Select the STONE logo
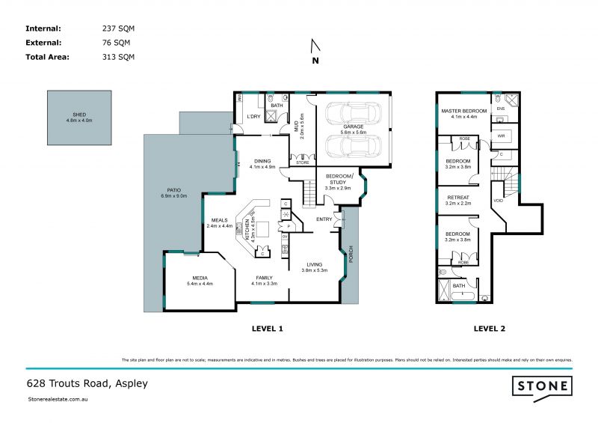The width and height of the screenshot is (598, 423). coord(542,386)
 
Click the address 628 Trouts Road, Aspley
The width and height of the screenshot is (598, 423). coord(87,383)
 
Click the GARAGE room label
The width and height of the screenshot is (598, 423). coord(353,127)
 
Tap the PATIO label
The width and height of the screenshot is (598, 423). coord(173,192)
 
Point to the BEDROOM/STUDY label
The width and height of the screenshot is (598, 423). coord(339,177)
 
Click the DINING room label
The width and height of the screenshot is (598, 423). coord(262,161)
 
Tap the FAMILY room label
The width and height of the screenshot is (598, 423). coord(264,278)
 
